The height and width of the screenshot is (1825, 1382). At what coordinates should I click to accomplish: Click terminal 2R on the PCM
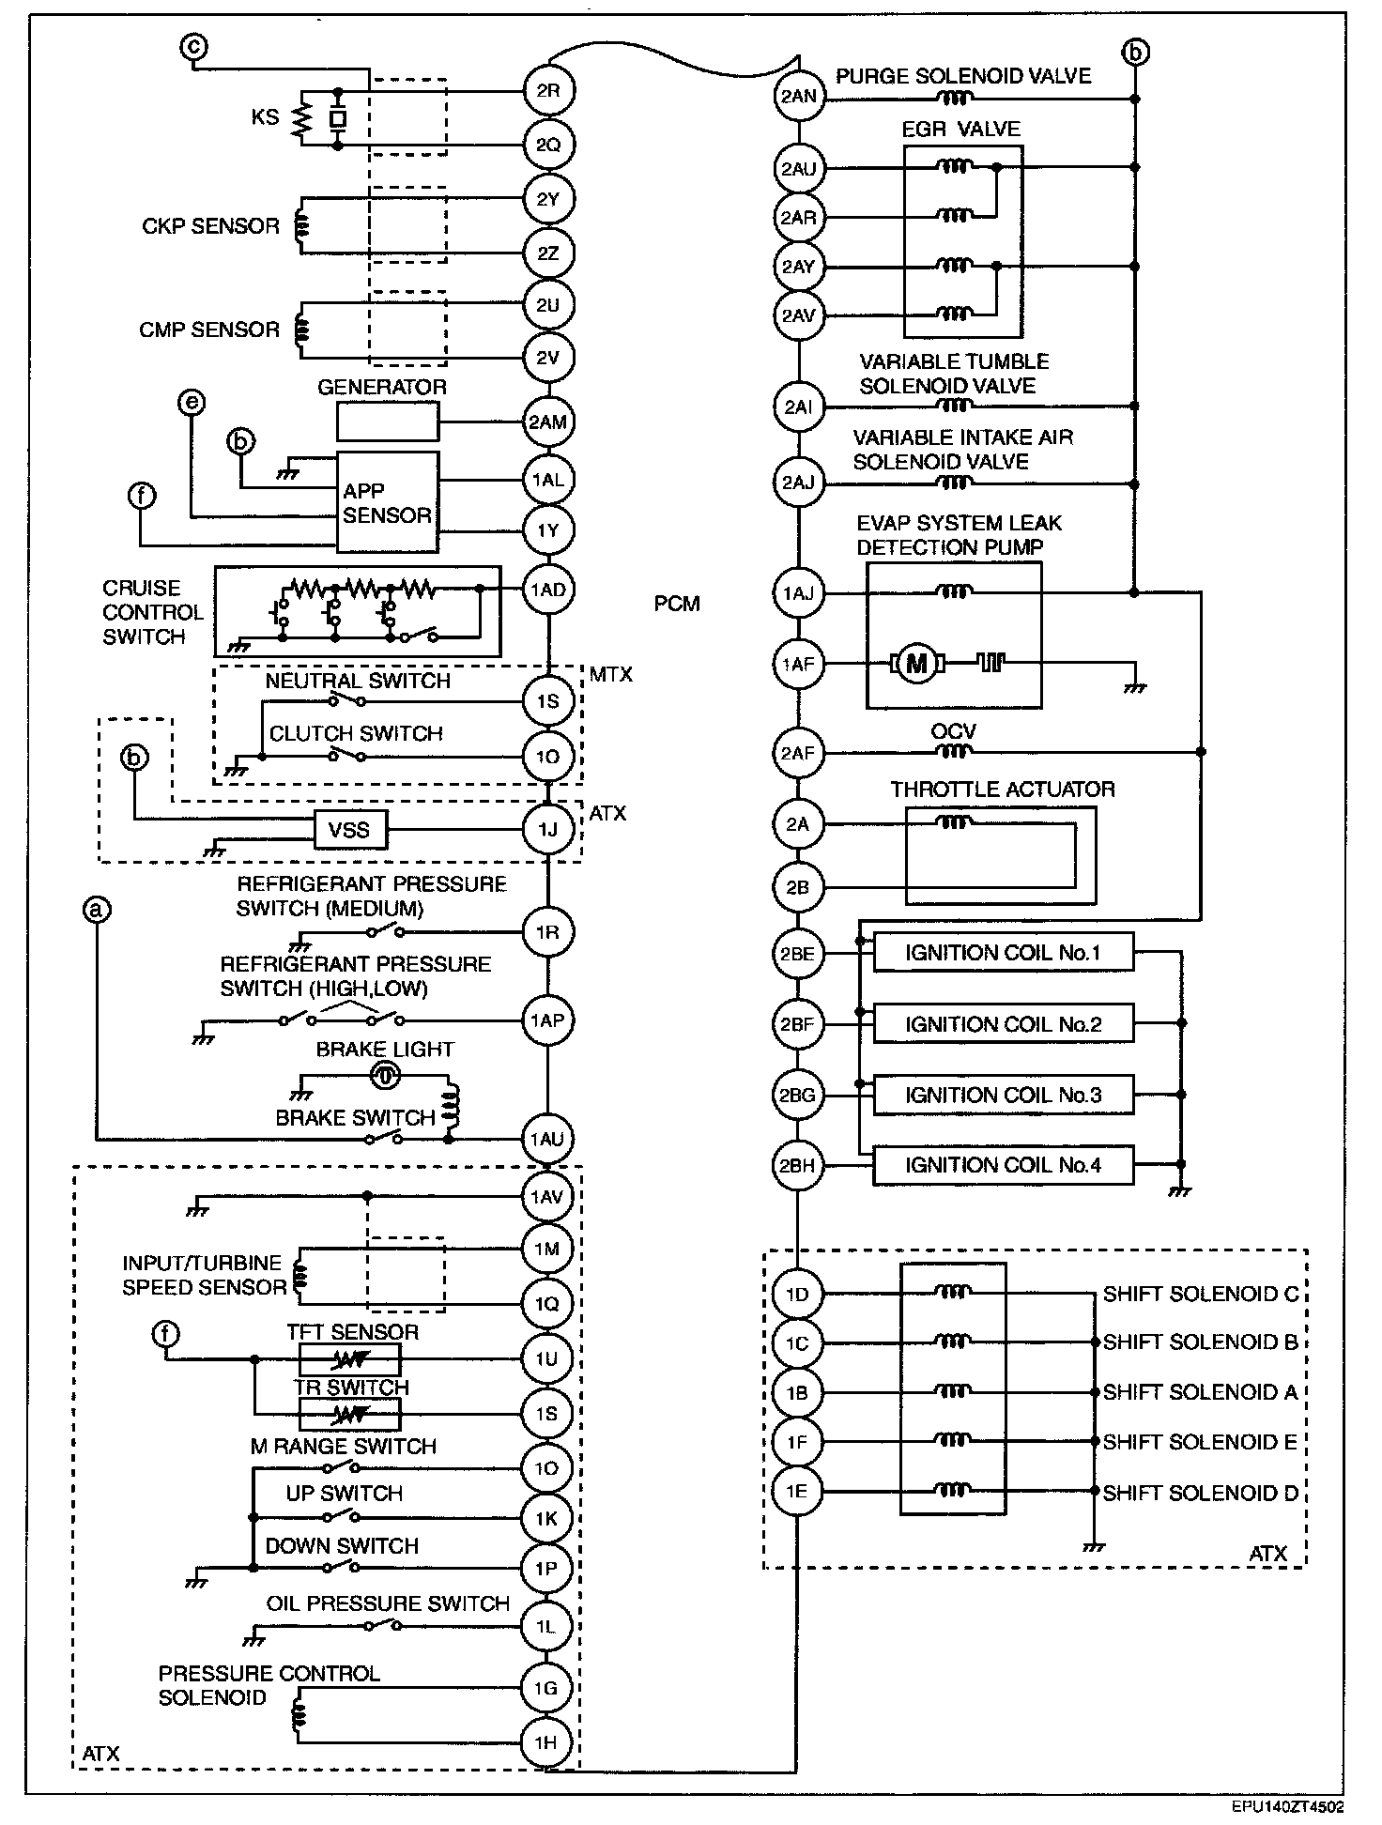point(548,91)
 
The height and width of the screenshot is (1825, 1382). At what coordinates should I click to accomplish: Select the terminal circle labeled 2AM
point(548,422)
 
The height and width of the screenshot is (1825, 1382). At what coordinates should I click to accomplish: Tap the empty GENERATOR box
point(388,422)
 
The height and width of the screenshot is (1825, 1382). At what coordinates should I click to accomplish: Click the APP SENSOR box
point(387,503)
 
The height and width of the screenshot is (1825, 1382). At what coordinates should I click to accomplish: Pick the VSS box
point(348,830)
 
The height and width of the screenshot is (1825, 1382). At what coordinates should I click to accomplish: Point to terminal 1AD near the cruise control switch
point(548,590)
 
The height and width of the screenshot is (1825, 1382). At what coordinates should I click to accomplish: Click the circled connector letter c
point(195,47)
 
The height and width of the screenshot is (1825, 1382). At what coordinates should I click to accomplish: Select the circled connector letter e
point(191,404)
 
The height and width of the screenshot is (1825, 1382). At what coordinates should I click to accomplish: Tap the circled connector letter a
point(97,909)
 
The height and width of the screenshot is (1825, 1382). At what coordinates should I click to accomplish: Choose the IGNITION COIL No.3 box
point(1003,1095)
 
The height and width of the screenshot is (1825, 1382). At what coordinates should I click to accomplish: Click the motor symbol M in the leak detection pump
point(915,665)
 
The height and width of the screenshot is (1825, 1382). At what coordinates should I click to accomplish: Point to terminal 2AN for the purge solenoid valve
point(798,96)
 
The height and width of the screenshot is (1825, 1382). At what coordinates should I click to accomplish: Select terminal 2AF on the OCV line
point(798,752)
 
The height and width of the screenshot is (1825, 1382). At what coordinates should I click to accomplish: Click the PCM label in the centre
point(677,604)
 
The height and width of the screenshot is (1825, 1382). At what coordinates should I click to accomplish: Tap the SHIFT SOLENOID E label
point(1199,1442)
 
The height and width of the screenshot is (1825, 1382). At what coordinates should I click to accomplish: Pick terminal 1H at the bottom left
point(546,1742)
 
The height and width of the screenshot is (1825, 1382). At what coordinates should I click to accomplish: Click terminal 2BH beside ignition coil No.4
point(798,1166)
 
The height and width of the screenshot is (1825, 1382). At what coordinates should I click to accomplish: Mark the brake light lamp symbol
point(385,1076)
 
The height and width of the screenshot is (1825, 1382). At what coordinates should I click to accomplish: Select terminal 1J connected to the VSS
point(548,830)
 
